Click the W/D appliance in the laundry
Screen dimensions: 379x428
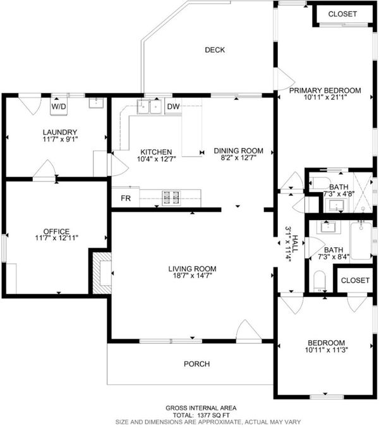point(59,106)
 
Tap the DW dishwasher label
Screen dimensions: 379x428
point(173,106)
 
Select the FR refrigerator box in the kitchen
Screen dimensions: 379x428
point(126,198)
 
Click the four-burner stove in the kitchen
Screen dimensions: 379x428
point(171,198)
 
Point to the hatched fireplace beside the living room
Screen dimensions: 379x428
point(102,273)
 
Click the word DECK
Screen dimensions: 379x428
point(215,50)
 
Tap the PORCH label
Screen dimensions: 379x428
point(197,364)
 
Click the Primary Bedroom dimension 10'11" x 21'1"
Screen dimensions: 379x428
point(325,97)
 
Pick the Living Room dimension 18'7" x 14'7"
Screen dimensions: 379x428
point(193,276)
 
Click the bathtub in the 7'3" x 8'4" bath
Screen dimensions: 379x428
point(361,241)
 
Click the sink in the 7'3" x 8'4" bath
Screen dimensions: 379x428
point(328,227)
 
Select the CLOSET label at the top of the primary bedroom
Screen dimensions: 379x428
point(342,14)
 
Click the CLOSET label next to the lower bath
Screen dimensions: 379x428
point(355,280)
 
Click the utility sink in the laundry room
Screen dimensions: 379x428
point(96,103)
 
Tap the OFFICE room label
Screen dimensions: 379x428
point(56,231)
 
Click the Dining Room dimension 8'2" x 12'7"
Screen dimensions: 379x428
point(238,158)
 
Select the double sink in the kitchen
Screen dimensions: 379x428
point(150,107)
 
